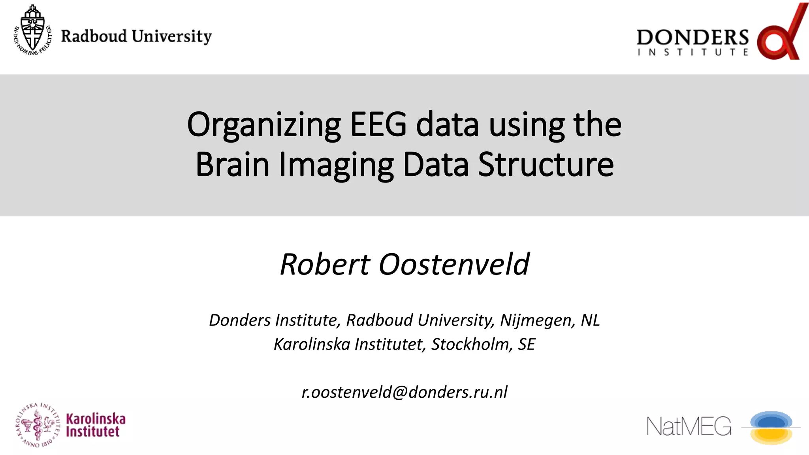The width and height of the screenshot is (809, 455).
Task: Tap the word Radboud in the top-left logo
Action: pos(94,36)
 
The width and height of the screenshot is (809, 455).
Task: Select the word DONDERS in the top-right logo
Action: pos(692,38)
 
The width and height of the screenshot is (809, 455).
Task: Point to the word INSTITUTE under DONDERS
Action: pos(692,53)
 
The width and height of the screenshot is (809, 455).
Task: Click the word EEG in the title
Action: pos(378,124)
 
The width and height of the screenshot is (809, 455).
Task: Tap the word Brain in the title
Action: pos(232,165)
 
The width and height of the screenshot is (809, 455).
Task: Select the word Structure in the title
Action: pos(546,165)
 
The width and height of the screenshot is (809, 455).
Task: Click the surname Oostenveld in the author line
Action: pos(454,264)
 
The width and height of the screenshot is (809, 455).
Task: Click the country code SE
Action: pos(527,344)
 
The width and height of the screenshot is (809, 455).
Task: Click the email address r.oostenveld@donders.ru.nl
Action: pos(404,392)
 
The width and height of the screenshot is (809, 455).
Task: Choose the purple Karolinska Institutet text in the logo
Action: pos(96,425)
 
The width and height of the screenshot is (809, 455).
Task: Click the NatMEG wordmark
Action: pos(689,427)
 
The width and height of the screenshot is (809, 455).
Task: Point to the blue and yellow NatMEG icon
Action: pos(771,428)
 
